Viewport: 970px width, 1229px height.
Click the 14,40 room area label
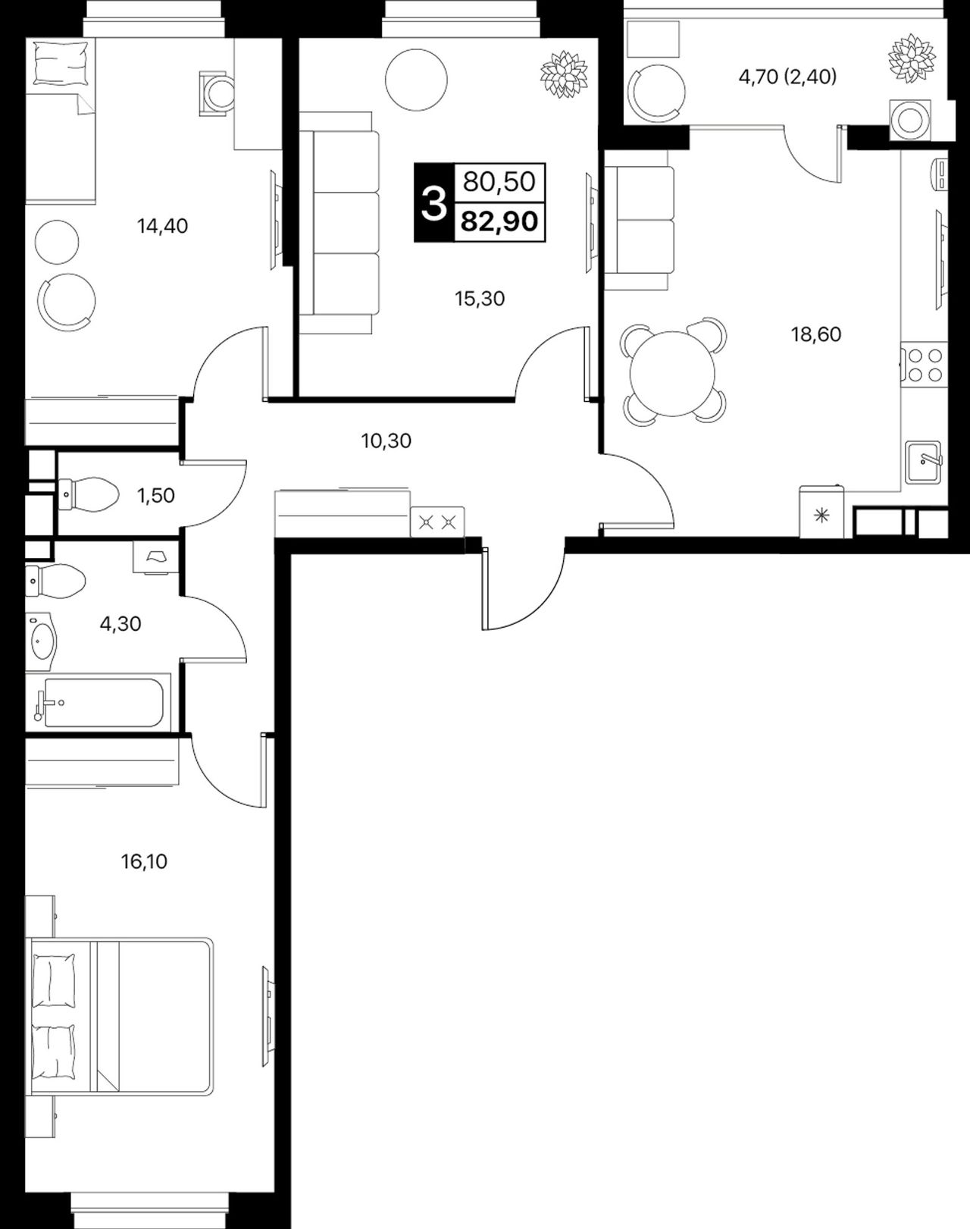(x=163, y=226)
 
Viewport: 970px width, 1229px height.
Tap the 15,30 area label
(x=480, y=298)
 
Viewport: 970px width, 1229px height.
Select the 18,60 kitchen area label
(x=816, y=334)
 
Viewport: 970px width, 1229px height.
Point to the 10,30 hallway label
(x=386, y=440)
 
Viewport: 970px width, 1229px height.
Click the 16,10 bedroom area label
(x=144, y=861)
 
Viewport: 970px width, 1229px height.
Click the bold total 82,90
(x=499, y=221)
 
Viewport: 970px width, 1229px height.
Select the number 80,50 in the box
(x=499, y=182)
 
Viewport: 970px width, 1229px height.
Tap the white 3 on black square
(x=434, y=202)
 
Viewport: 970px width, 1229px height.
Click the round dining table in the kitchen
(x=672, y=374)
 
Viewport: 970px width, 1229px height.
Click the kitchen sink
(x=923, y=462)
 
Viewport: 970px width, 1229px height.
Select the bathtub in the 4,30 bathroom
(x=99, y=703)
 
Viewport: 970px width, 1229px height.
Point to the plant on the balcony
(x=912, y=58)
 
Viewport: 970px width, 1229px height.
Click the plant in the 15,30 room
(x=564, y=74)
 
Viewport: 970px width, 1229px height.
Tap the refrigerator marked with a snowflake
(x=821, y=512)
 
